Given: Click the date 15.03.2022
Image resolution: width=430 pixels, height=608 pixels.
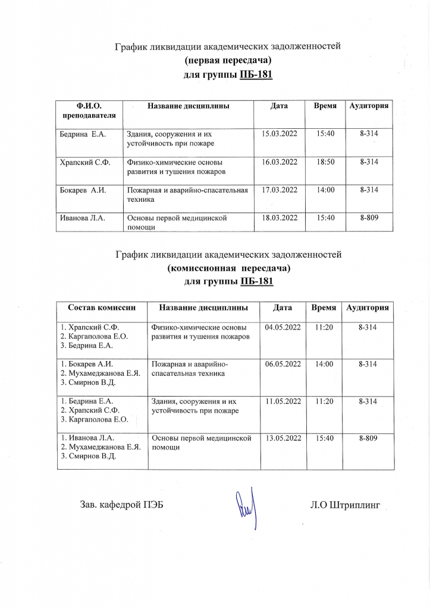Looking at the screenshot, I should click(x=280, y=134).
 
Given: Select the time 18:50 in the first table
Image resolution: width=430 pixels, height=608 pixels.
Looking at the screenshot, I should click(x=325, y=161).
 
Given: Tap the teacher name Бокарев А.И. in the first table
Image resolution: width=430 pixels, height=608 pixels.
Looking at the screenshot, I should click(x=82, y=190).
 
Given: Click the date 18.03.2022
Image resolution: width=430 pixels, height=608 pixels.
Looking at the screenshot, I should click(x=280, y=218).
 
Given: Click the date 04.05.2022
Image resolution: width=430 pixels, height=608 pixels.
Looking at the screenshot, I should click(x=283, y=327).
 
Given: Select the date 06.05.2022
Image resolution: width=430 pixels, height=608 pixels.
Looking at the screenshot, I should click(x=283, y=364).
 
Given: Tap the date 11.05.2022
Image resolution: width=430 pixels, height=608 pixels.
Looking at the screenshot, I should click(x=283, y=401).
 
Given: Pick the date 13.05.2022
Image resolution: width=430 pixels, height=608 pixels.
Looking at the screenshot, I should click(x=283, y=438).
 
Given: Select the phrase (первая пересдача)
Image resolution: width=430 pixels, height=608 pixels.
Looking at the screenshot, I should click(x=228, y=60).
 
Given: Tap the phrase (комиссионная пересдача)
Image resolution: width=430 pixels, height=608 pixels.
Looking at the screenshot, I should click(x=228, y=268).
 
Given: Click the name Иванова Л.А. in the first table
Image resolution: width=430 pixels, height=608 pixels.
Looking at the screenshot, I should click(x=82, y=218).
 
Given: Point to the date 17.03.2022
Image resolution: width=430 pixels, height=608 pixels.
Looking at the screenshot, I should click(x=280, y=190).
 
